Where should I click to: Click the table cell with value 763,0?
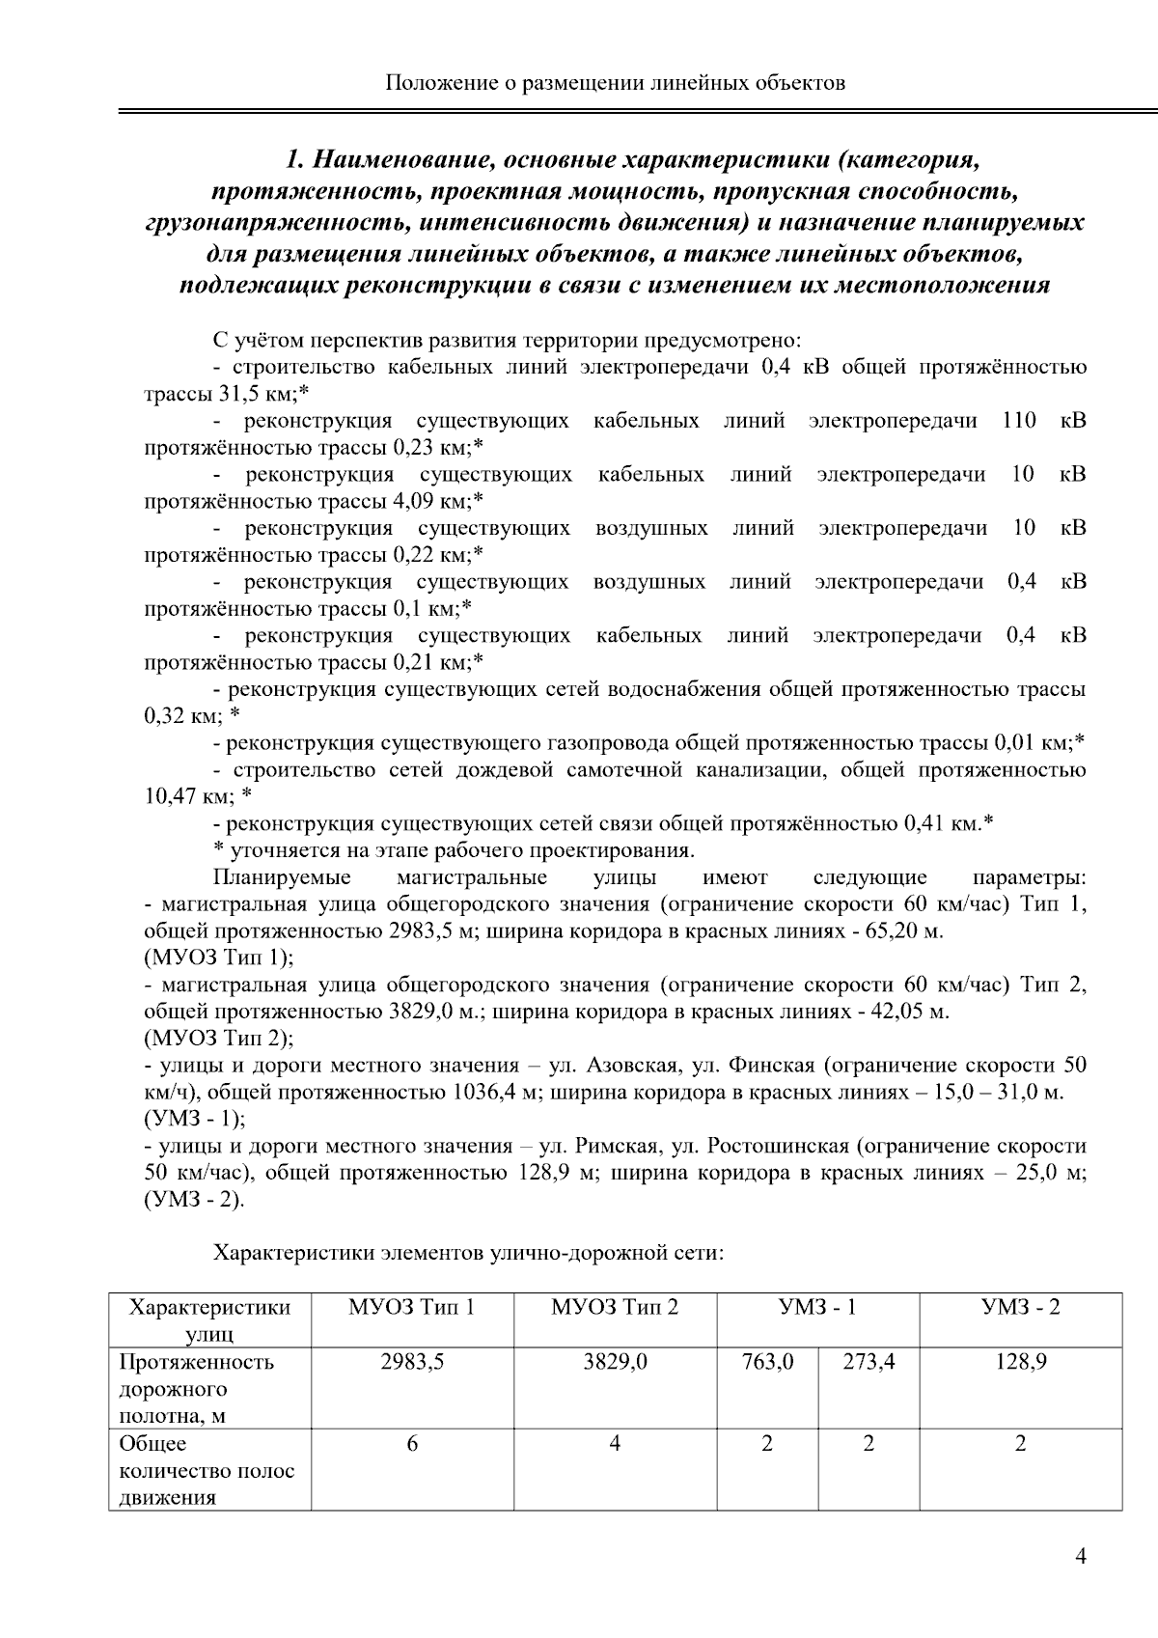(x=767, y=1362)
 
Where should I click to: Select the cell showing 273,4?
(x=868, y=1362)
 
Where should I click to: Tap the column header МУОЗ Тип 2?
(x=615, y=1308)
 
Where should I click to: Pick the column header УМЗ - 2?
(x=1020, y=1308)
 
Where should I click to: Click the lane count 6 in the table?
(x=412, y=1444)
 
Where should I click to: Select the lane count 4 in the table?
(x=615, y=1444)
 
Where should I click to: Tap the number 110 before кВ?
(x=1019, y=421)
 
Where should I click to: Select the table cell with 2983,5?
(x=412, y=1362)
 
